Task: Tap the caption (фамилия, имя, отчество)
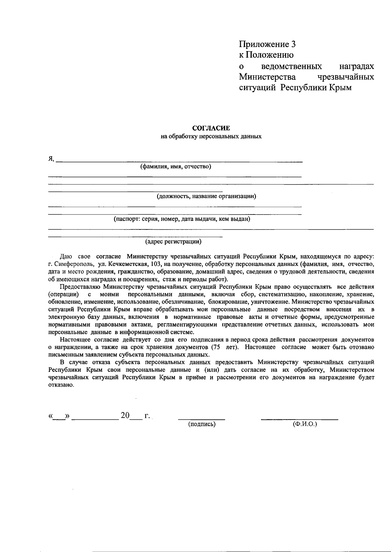pos(176,167)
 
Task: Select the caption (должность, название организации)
pos(206,196)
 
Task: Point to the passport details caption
pos(182,219)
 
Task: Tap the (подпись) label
pos(202,424)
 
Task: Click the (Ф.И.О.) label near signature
pos(305,424)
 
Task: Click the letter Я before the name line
pos(51,159)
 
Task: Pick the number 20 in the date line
pos(125,416)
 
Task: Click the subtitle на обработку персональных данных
pos(211,136)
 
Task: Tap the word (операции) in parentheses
pos(64,294)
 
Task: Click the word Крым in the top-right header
pos(340,88)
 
